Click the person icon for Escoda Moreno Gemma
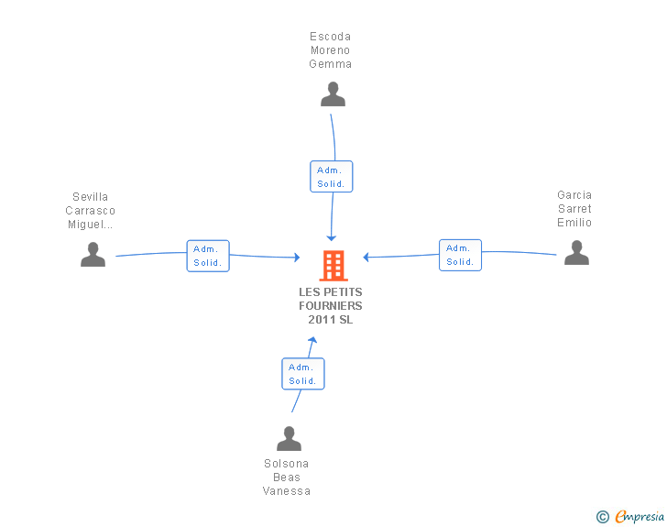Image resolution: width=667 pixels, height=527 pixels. [333, 93]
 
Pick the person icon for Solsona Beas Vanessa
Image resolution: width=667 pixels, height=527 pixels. [289, 439]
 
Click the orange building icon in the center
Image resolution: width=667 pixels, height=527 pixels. [333, 265]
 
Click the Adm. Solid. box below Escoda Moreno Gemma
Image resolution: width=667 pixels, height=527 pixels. [331, 177]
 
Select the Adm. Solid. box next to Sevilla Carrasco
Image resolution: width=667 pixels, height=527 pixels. [208, 256]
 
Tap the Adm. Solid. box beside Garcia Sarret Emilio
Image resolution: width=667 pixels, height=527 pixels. [460, 255]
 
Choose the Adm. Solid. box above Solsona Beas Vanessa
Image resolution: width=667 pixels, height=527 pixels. [302, 374]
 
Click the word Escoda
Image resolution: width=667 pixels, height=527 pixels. [331, 37]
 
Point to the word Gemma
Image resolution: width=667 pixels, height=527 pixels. [331, 64]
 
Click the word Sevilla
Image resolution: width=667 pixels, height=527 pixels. [91, 197]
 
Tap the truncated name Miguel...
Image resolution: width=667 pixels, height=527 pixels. [91, 225]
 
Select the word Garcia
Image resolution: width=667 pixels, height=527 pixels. [574, 195]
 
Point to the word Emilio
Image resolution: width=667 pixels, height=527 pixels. [574, 223]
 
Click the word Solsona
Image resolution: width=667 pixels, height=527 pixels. [287, 464]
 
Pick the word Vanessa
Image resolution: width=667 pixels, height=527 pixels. [287, 491]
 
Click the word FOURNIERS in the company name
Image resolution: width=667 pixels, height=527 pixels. [331, 306]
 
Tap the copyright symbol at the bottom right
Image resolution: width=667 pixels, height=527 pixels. [602, 517]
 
